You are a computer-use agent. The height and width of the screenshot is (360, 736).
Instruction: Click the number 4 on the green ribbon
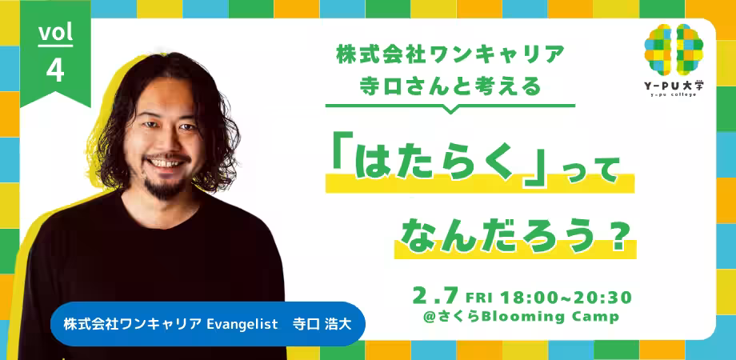click(x=55, y=71)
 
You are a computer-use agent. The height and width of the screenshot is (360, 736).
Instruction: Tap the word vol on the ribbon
click(x=55, y=32)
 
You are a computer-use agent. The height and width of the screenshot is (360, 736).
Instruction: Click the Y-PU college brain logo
click(x=674, y=50)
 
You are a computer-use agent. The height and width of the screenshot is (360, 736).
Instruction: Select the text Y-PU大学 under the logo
click(x=674, y=86)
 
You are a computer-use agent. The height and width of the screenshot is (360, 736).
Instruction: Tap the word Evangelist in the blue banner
click(x=242, y=325)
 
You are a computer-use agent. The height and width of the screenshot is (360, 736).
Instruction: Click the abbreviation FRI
click(x=480, y=298)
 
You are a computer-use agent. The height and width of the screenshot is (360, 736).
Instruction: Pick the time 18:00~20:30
click(x=566, y=297)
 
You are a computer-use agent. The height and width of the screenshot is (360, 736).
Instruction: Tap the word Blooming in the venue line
click(x=536, y=317)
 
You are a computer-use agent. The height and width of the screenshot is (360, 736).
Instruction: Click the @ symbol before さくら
click(x=430, y=318)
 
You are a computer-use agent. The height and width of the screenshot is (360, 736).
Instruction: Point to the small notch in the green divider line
click(x=450, y=110)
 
